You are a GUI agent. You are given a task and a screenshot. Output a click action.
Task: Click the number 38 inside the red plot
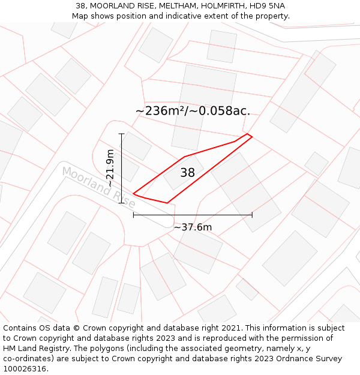(187, 173)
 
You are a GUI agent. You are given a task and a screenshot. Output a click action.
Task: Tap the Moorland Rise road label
(99, 188)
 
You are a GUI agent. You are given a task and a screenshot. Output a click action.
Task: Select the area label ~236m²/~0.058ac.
(193, 110)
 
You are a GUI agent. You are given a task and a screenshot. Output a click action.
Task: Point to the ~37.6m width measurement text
(193, 227)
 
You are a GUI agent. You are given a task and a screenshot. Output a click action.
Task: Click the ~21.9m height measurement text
(110, 168)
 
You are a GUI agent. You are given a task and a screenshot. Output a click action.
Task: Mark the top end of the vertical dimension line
(122, 134)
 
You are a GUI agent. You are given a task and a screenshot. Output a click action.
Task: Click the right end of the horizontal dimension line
(252, 215)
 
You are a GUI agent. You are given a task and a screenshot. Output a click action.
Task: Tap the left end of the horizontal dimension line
(133, 215)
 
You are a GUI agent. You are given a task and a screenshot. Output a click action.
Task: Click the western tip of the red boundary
(133, 194)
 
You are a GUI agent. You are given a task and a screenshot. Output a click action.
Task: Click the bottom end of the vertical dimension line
(122, 203)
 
